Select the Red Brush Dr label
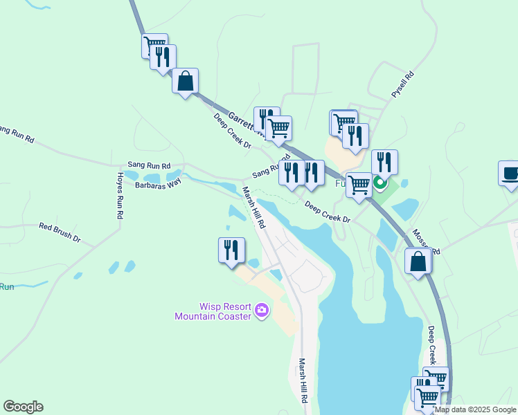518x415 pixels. [60, 232]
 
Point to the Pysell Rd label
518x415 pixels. [403, 85]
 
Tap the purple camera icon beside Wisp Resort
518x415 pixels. [262, 311]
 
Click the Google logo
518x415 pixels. [23, 407]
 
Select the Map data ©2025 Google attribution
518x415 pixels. [475, 409]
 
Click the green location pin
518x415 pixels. [380, 183]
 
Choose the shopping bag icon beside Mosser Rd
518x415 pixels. [418, 261]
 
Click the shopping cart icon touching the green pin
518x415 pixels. [359, 185]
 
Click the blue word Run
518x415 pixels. [7, 286]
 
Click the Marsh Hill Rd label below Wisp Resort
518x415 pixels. [303, 381]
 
